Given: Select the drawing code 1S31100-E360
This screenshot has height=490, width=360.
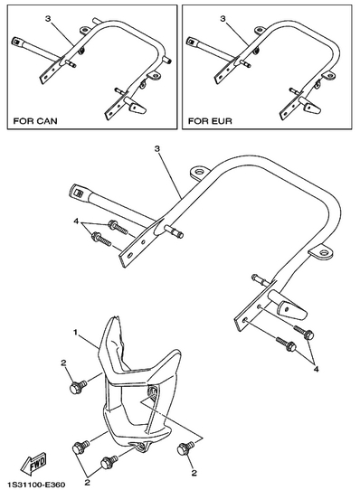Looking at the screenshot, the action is point(37,485).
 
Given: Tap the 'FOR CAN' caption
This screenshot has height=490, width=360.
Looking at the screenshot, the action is point(35,121).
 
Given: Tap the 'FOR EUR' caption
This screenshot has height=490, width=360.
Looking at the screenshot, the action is point(210,121).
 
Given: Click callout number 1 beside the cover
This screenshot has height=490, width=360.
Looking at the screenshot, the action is point(75,332).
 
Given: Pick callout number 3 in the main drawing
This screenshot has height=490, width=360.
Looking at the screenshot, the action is point(157,149).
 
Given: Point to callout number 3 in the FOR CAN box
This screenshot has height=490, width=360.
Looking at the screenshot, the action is point(48,19).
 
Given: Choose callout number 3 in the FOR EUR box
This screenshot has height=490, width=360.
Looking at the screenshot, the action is point(223,19).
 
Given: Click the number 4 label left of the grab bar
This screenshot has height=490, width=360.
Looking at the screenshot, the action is point(76,221).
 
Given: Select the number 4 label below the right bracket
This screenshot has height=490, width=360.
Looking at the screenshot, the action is point(316,369).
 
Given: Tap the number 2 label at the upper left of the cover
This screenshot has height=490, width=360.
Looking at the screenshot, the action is point(63,363).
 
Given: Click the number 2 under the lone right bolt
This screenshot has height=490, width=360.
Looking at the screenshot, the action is point(194,473).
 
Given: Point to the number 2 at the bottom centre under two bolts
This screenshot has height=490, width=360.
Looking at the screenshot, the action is point(88,482).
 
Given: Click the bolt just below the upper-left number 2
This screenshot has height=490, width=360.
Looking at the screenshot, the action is point(78,387).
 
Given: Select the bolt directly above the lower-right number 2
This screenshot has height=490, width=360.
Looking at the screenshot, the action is point(185,448).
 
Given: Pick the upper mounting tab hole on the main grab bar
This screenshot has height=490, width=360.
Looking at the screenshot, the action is point(199,172).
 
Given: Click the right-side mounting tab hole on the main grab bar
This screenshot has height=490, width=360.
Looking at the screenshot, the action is point(324,252).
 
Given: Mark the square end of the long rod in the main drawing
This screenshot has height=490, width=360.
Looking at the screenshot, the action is point(77,193).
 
